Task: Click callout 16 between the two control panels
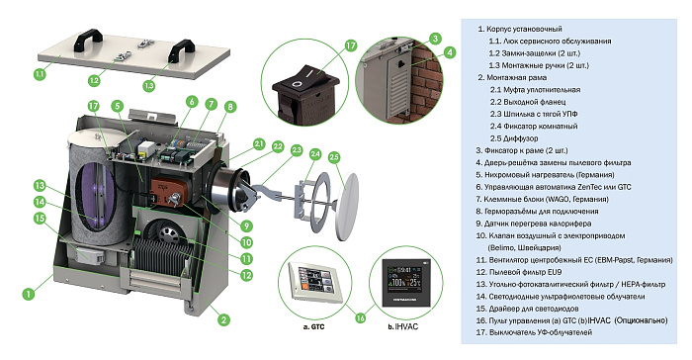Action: [359, 318]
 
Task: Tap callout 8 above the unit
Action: [230, 106]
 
